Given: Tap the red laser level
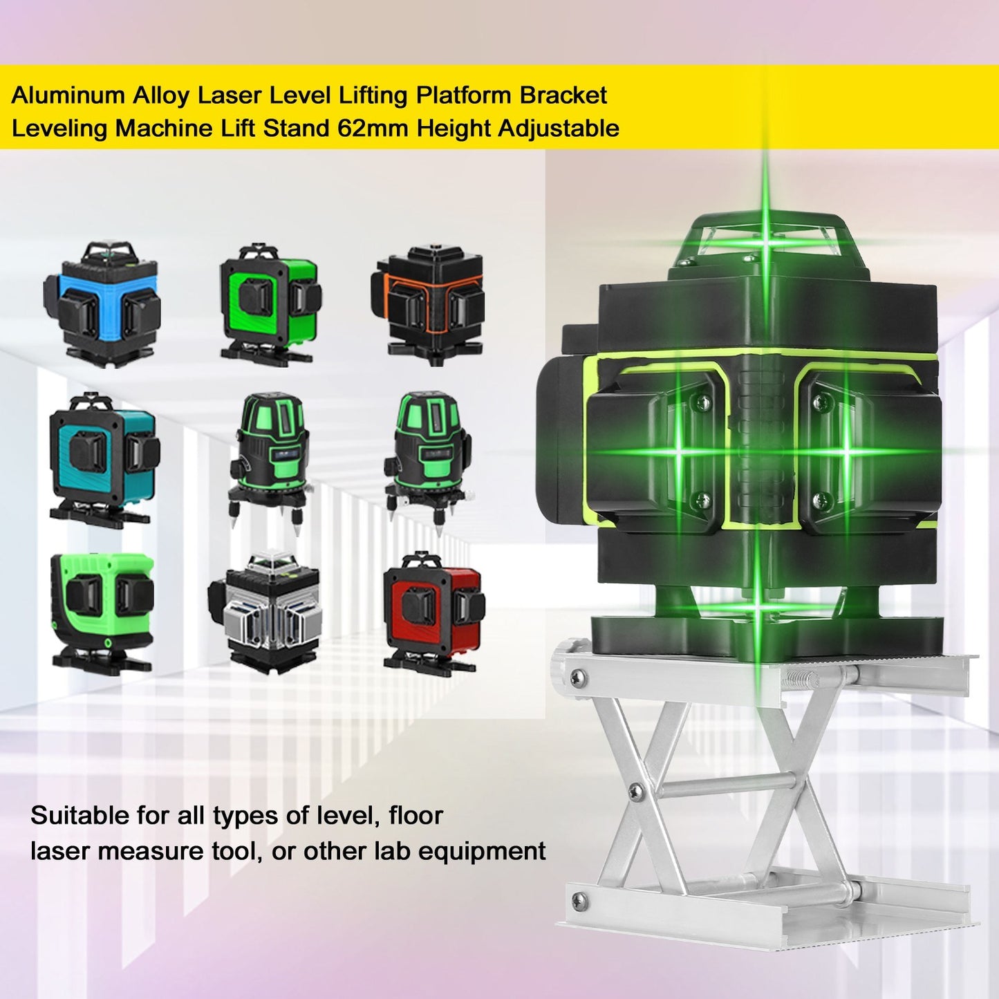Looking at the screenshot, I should click(433, 612).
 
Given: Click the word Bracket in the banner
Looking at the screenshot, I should click(563, 95).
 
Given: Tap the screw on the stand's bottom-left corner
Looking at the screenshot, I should click(579, 899).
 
